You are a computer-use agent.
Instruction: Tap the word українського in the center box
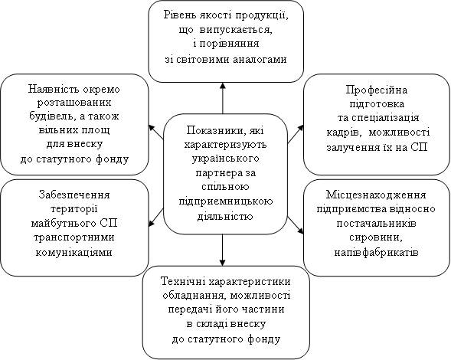pyautogui.click(x=225, y=159)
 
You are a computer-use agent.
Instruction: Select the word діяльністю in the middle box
pyautogui.click(x=225, y=215)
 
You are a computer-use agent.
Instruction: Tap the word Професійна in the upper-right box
pyautogui.click(x=377, y=90)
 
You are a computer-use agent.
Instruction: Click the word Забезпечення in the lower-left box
pyautogui.click(x=74, y=195)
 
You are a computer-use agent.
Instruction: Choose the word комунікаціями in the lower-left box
pyautogui.click(x=74, y=252)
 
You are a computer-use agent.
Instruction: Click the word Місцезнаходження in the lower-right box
pyautogui.click(x=376, y=195)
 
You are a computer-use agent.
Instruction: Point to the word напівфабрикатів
pyautogui.click(x=376, y=252)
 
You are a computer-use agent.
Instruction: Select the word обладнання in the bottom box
pyautogui.click(x=194, y=296)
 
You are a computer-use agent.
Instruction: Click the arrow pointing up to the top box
pyautogui.click(x=222, y=98)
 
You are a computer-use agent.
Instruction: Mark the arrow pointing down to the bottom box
pyautogui.click(x=222, y=250)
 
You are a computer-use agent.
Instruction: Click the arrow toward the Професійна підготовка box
pyautogui.click(x=296, y=134)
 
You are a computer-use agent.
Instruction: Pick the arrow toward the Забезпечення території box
pyautogui.click(x=156, y=218)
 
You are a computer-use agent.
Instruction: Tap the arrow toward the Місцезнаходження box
pyautogui.click(x=296, y=224)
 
